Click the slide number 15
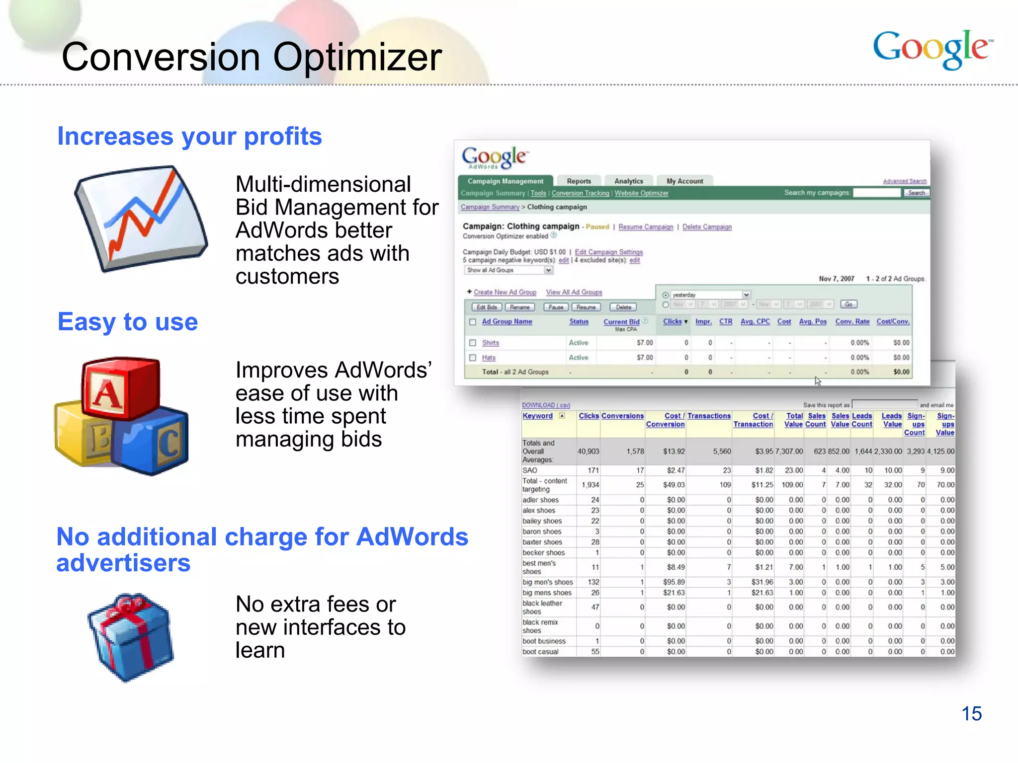point(971,714)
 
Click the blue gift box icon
point(131,637)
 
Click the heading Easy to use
point(128,322)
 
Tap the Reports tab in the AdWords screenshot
point(579,181)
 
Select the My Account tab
point(684,181)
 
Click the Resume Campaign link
point(646,227)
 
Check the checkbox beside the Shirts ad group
point(473,343)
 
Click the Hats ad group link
point(489,358)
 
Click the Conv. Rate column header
point(852,321)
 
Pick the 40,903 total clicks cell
point(588,452)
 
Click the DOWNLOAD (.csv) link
point(546,405)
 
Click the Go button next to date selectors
point(848,304)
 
